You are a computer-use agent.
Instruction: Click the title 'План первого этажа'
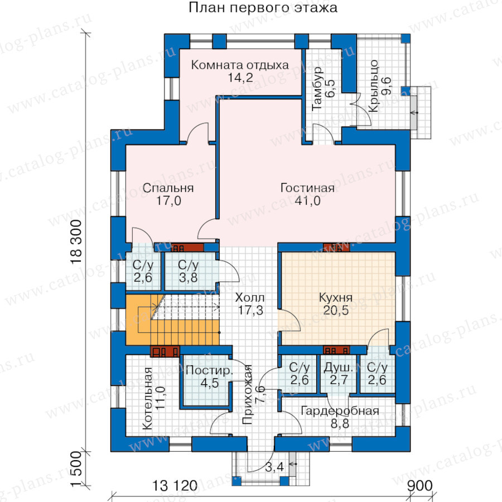(263, 7)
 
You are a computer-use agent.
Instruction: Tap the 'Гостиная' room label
(307, 187)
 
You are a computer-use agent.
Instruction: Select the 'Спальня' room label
(168, 187)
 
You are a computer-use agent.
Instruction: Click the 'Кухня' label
(336, 297)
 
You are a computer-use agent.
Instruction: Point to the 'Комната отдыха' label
(240, 65)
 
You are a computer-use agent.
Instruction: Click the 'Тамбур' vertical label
(317, 89)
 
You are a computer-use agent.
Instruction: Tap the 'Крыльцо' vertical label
(373, 86)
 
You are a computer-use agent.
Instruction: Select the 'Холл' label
(250, 297)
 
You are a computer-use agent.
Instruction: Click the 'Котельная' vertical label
(148, 398)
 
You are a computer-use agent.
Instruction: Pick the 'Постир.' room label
(209, 370)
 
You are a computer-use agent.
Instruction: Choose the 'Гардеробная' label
(340, 411)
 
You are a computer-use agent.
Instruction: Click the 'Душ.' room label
(339, 368)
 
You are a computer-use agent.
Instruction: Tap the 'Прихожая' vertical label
(248, 394)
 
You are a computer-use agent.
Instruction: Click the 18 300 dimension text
(76, 242)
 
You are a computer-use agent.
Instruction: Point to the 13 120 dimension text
(175, 486)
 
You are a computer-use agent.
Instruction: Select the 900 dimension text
(419, 486)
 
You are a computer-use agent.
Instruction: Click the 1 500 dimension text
(76, 469)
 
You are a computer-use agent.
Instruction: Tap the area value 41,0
(307, 201)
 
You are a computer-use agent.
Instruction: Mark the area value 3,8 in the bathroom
(188, 278)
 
